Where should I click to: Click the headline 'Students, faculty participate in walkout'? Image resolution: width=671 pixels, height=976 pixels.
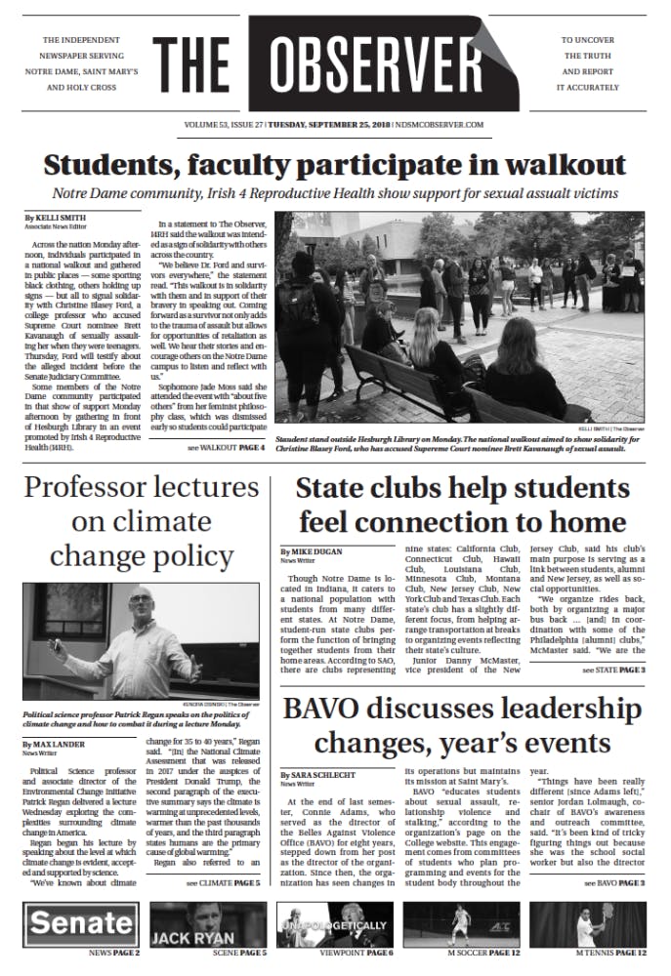pyautogui.click(x=335, y=162)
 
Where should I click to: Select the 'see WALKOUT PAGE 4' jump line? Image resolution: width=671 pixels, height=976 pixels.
pyautogui.click(x=226, y=448)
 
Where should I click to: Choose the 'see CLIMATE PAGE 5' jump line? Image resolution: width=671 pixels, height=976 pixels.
pyautogui.click(x=224, y=882)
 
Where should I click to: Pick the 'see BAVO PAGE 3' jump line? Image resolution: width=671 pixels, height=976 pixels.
pyautogui.click(x=613, y=882)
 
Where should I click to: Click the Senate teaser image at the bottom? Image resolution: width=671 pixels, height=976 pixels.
pyautogui.click(x=82, y=922)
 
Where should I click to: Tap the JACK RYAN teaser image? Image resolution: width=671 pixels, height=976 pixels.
pyautogui.click(x=208, y=923)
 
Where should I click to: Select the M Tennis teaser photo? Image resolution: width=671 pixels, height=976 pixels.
pyautogui.click(x=587, y=923)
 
